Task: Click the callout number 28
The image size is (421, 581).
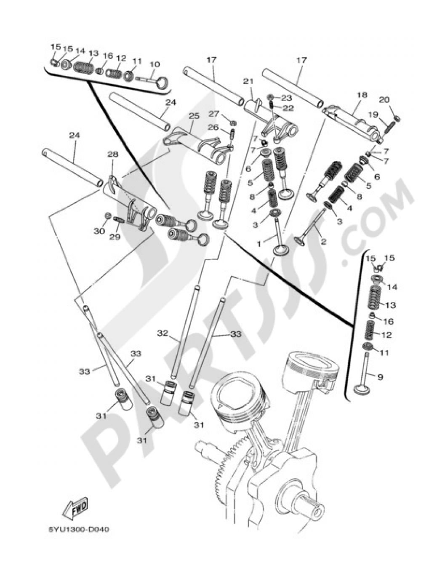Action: pos(112,155)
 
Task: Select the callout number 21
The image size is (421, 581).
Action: pos(248,81)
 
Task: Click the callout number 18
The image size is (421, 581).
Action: pos(362,95)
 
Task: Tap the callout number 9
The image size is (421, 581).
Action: pos(380,377)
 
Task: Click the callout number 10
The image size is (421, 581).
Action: pos(155,64)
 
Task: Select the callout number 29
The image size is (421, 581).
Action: pos(115,237)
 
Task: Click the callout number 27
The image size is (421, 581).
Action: pos(214,114)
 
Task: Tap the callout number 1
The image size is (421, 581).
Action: pos(259,243)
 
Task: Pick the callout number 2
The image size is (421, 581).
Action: pos(323,242)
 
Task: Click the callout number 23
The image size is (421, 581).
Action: pos(286,98)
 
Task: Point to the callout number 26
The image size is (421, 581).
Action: pos(215,128)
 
